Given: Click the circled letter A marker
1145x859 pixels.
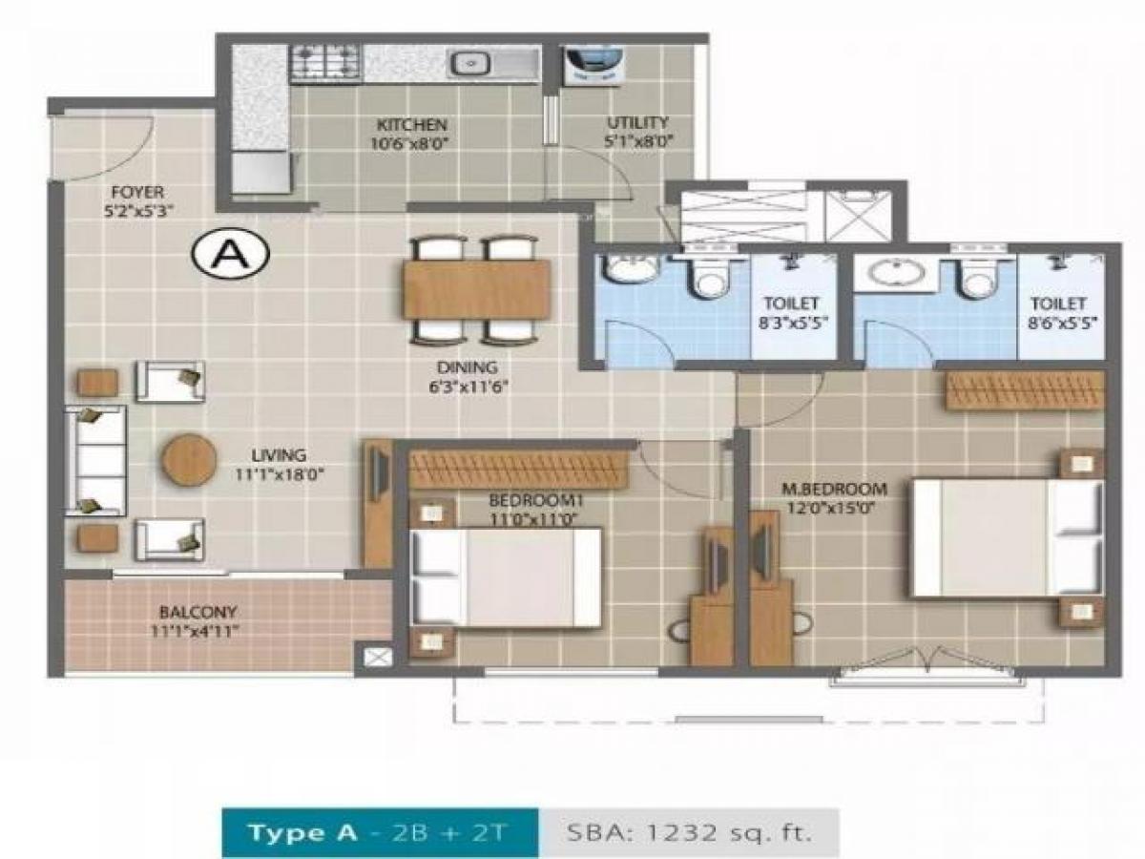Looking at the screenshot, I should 231,253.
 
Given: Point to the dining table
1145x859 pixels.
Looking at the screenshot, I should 476,289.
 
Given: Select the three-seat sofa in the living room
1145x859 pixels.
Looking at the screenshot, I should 95,461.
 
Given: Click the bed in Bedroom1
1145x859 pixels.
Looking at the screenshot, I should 506,578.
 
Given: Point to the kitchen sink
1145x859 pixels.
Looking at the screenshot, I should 469,64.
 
